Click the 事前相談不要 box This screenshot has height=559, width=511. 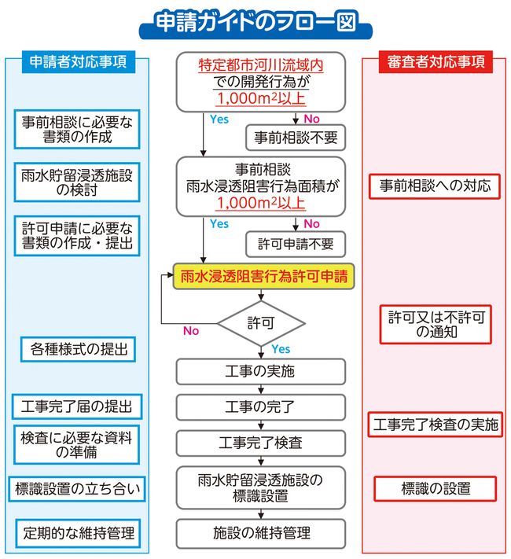click(296, 138)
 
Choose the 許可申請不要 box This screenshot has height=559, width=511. click(296, 244)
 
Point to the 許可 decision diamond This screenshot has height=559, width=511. click(261, 322)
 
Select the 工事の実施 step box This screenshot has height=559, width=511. click(260, 370)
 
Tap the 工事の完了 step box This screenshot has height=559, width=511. click(260, 406)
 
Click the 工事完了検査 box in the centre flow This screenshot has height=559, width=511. click(260, 443)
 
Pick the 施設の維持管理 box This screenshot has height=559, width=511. click(260, 531)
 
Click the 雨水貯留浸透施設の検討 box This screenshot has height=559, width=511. click(77, 182)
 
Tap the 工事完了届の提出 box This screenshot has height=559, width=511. click(77, 406)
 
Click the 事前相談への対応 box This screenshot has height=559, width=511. click(435, 186)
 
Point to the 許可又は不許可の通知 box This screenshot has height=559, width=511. click(436, 325)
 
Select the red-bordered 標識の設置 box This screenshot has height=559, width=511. click(436, 488)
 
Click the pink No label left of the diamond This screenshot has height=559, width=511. click(191, 331)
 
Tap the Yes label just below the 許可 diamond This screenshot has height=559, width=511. click(281, 349)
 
